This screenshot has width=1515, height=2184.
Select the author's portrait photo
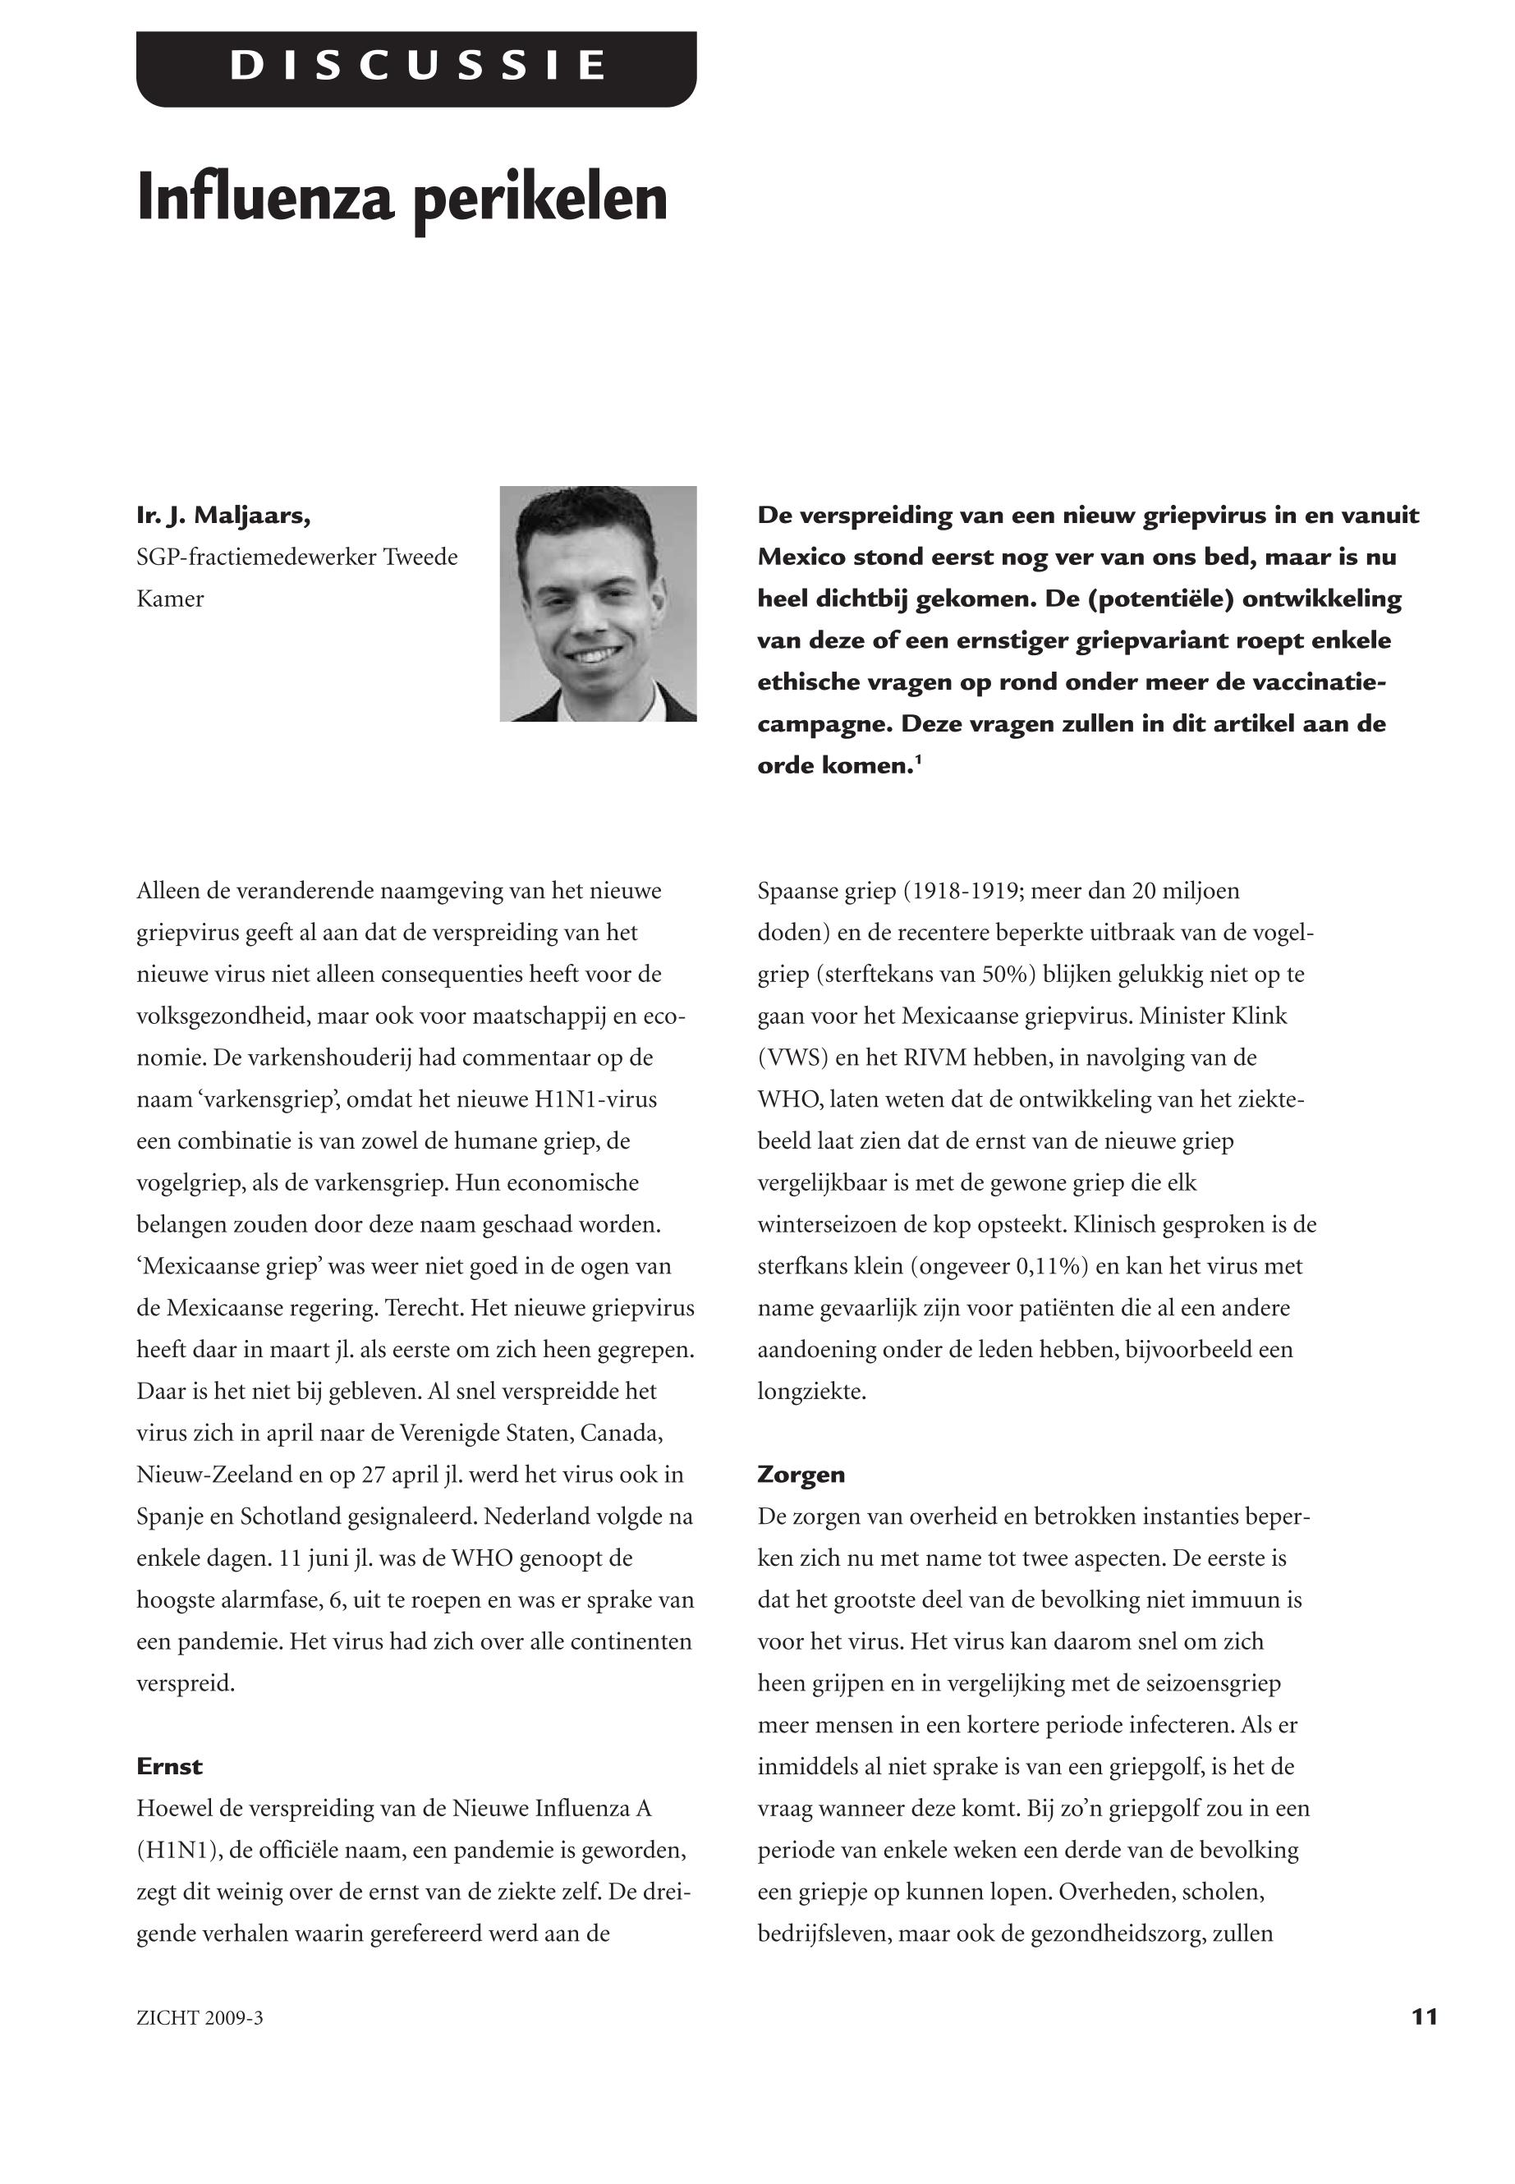[598, 603]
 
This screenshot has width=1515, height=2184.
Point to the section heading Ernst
[169, 1766]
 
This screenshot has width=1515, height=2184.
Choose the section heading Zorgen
[801, 1474]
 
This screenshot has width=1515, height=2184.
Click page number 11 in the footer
[1424, 2016]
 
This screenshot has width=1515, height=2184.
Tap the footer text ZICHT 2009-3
[200, 2018]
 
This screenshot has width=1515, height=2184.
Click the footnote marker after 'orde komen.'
[918, 759]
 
